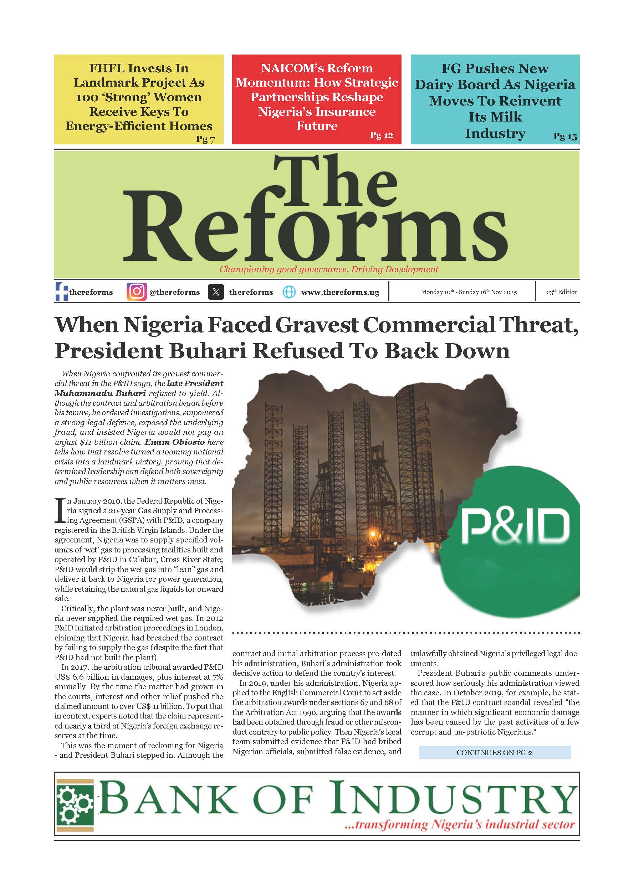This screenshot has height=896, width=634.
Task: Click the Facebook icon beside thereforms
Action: (x=61, y=292)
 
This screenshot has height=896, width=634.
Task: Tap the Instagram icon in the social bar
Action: (x=137, y=292)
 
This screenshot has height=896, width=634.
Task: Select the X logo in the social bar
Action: (x=216, y=292)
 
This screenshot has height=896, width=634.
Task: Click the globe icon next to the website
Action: (x=289, y=292)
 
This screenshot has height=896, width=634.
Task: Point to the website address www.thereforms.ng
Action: (x=340, y=292)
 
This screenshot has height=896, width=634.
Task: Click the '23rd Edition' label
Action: (x=562, y=292)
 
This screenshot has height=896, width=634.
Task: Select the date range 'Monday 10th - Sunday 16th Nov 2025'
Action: (x=469, y=292)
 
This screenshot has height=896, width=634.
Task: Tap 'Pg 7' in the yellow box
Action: (x=205, y=139)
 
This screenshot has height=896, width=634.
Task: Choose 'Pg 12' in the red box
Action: (x=382, y=135)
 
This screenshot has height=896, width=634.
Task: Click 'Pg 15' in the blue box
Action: (x=565, y=136)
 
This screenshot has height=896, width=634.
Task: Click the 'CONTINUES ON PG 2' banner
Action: (x=494, y=752)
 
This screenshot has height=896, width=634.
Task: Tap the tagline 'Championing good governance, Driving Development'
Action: (x=329, y=269)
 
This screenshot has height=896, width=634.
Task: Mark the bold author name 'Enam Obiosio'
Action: (x=174, y=442)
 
